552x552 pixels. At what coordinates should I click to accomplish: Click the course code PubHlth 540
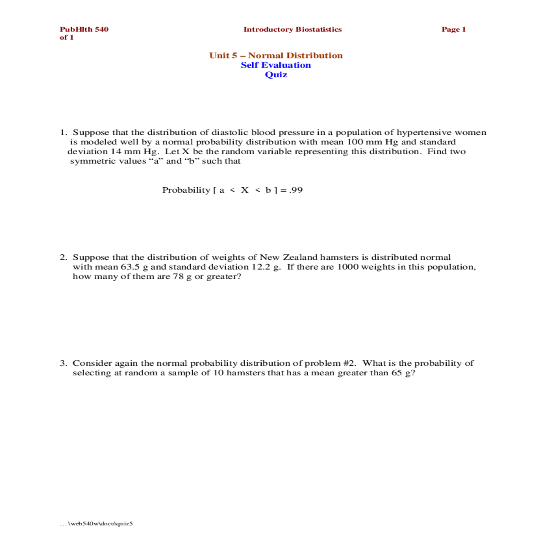[84, 29]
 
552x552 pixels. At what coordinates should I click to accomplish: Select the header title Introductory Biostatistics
[293, 29]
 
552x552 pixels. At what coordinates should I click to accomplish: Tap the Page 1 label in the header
[454, 29]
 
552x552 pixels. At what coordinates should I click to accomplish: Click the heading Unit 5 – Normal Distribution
[276, 56]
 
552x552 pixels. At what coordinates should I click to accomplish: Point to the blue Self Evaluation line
[276, 65]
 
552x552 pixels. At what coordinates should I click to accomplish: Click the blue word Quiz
[276, 75]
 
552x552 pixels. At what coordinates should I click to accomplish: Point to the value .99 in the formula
[296, 190]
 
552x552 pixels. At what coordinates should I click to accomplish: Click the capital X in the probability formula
[245, 190]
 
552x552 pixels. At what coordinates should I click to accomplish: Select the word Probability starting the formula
[186, 190]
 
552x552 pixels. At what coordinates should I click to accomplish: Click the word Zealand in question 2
[299, 258]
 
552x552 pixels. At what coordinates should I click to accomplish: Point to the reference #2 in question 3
[349, 363]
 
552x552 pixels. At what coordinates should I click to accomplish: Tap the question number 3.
[63, 363]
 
